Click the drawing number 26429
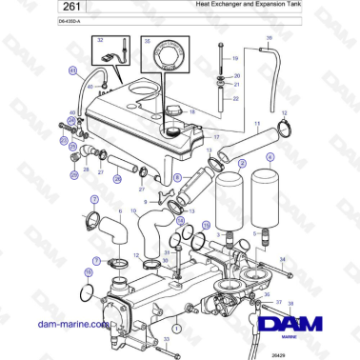(x=275, y=351)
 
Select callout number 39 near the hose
(x=269, y=37)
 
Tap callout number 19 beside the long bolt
(x=236, y=58)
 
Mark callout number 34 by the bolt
(x=282, y=259)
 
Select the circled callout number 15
(x=207, y=224)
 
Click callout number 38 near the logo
(x=291, y=302)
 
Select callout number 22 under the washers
(x=236, y=97)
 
